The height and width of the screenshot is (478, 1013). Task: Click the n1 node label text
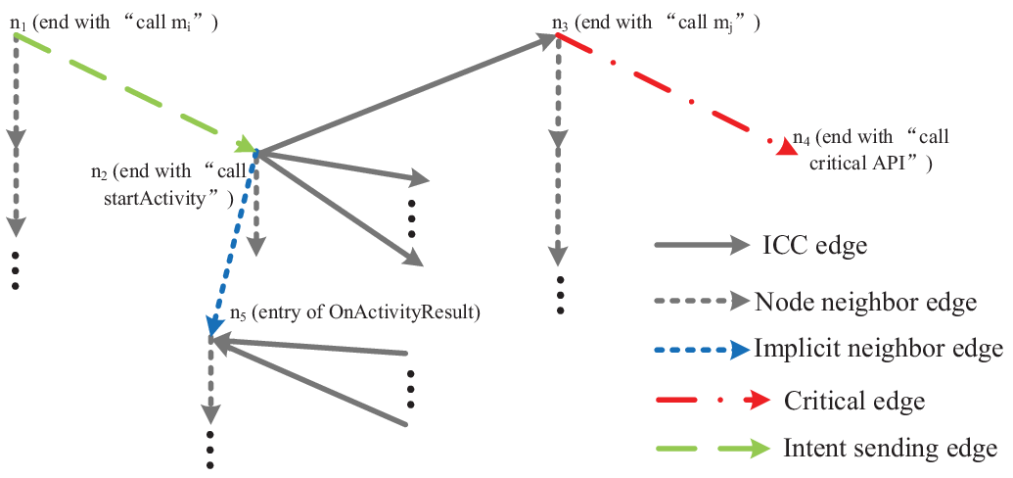click(114, 24)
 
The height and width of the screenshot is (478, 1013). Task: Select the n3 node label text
click(656, 24)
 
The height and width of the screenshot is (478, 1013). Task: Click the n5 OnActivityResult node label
click(355, 313)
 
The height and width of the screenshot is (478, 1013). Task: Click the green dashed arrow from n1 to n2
click(134, 92)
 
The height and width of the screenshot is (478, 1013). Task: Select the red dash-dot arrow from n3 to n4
click(676, 94)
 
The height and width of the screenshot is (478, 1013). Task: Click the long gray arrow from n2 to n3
click(406, 94)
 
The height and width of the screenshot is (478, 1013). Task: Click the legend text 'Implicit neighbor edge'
click(878, 350)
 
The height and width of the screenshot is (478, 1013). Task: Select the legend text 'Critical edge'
click(854, 401)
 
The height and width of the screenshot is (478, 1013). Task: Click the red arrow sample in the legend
click(713, 401)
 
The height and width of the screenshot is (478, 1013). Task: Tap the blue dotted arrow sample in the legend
click(703, 350)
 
